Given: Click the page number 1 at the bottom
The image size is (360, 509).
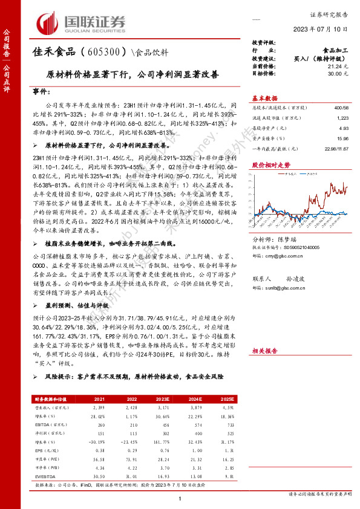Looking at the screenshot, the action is point(180,498).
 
